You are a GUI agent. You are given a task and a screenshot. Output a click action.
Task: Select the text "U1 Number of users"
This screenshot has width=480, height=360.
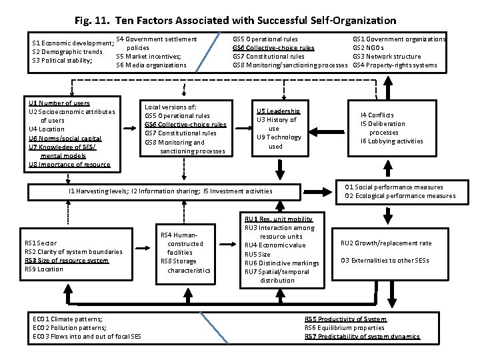coord(59,103)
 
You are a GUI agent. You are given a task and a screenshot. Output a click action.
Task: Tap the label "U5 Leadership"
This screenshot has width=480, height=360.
coord(279,111)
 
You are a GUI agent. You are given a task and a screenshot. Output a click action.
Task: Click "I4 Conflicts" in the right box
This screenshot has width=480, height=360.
coord(377,115)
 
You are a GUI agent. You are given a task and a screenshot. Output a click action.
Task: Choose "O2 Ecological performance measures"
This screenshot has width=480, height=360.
coord(400,196)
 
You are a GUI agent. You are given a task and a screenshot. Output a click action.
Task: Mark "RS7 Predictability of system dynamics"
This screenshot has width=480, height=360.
coord(362,337)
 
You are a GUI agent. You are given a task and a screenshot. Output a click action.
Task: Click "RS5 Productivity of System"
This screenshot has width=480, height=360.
coord(345,319)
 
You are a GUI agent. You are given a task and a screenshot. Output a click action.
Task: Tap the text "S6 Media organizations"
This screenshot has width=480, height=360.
coord(151,65)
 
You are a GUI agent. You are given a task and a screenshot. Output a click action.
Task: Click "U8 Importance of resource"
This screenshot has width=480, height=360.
coord(69,164)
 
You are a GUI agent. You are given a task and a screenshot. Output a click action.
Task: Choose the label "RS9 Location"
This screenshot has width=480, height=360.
coord(44,269)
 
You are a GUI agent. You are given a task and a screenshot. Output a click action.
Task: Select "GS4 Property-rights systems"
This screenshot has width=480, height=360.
coord(395,65)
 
